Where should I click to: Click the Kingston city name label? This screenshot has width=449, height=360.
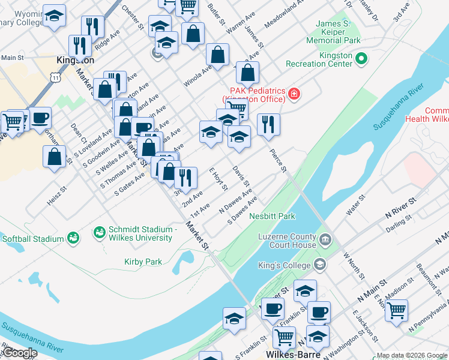pos(75,61)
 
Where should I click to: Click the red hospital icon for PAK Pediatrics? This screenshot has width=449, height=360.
pos(294,93)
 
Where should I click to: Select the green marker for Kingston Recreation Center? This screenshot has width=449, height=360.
pos(361,59)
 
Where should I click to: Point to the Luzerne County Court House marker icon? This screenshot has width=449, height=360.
pos(325,240)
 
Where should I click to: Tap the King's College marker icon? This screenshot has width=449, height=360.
pos(320,264)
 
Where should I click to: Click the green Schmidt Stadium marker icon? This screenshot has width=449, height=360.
pos(100,231)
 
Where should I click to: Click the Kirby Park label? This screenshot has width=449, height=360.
pos(143,262)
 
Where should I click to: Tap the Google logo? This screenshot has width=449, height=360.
pos(20,353)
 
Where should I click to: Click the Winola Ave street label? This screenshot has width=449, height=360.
pos(198,76)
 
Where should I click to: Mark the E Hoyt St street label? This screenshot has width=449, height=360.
pos(217,179)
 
